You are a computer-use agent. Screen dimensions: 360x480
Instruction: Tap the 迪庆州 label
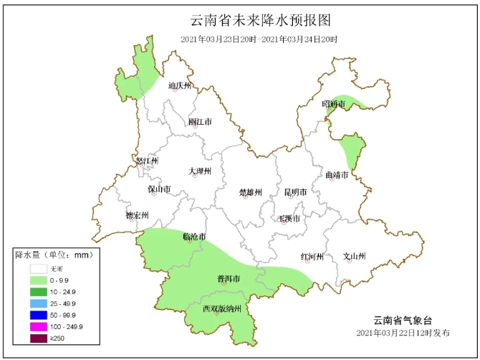[x=180, y=85]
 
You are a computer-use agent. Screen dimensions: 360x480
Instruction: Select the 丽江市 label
[x=200, y=122]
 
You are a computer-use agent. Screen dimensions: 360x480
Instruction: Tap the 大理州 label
[x=200, y=171]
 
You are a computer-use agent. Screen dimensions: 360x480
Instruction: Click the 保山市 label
[x=159, y=189]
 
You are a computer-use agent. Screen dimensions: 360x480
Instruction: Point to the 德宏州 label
[x=136, y=215]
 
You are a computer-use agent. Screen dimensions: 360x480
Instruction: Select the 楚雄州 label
[x=250, y=192]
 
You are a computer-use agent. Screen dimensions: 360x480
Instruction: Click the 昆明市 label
[x=295, y=192]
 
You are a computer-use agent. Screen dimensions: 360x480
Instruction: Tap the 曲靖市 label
[x=336, y=174]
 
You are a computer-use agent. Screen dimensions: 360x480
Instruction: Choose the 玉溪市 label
[x=290, y=217]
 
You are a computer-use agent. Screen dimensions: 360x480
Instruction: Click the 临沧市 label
[x=194, y=236]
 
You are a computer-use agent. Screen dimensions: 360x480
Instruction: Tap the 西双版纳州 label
[x=224, y=309]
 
